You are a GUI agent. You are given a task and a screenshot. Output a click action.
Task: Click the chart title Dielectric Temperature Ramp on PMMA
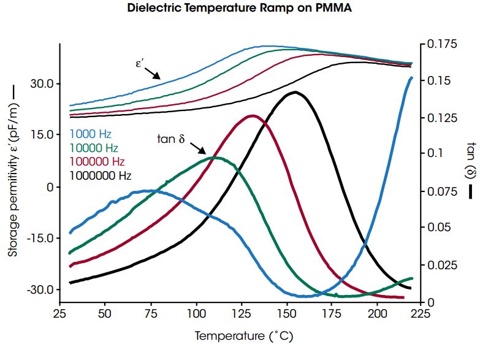pos(240,9)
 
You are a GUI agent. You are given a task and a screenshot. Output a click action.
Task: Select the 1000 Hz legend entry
pos(90,134)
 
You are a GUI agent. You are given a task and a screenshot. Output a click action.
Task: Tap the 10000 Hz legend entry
pos(94,148)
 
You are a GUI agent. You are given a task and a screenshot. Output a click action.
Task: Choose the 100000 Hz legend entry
pos(97,162)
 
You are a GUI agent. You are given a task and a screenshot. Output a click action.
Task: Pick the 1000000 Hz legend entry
pos(101,176)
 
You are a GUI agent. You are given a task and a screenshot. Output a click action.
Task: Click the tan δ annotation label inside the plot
pos(171,139)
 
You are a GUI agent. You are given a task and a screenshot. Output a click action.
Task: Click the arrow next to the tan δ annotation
pos(198,149)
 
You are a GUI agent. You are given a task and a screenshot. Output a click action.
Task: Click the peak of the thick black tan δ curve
pos(295,93)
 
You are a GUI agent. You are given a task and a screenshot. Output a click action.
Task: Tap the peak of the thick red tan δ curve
pos(253,116)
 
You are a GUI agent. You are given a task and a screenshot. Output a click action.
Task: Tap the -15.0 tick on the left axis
pos(40,238)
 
